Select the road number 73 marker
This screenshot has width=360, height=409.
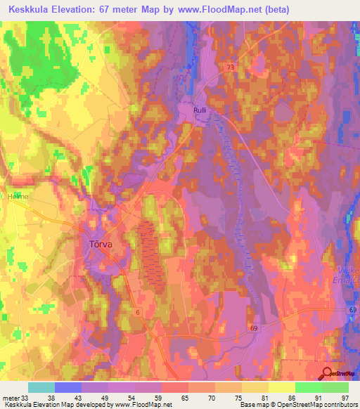[231, 67]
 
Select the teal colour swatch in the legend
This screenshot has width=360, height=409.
[41, 387]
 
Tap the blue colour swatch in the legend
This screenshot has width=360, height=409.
[68, 387]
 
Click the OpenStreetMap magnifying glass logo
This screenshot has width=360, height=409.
[328, 374]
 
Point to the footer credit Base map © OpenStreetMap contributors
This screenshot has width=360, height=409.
[307, 405]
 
